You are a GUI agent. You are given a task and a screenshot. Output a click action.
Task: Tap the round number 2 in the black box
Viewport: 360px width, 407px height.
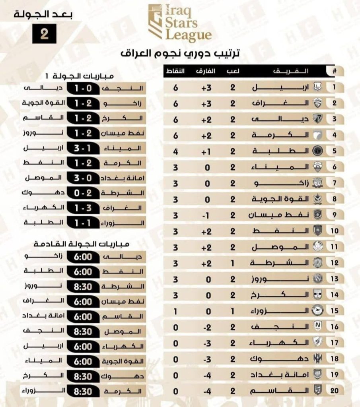(x=44, y=33)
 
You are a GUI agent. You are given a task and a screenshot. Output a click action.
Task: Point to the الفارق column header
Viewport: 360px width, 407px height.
(x=206, y=72)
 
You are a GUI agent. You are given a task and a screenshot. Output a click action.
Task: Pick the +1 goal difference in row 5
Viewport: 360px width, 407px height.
(x=206, y=151)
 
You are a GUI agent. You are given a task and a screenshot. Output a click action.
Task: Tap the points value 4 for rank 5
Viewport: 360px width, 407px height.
(x=175, y=151)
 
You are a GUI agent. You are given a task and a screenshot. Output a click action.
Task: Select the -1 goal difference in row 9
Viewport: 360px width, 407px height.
(x=206, y=215)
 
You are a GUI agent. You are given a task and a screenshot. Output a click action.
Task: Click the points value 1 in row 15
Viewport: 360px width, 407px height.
(x=175, y=311)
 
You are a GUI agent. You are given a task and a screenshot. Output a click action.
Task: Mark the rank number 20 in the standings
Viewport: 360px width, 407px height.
(x=334, y=391)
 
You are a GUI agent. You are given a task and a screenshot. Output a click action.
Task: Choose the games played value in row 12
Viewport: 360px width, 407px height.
(x=233, y=263)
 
